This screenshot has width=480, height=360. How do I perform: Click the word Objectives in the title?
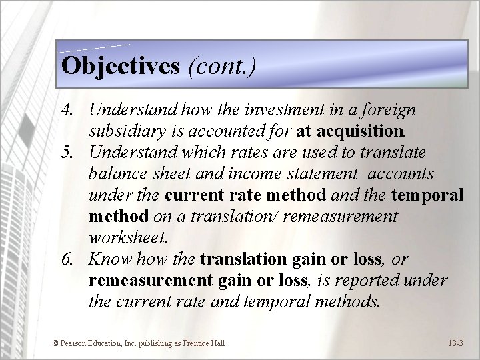(x=120, y=66)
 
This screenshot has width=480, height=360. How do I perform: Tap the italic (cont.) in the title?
(x=222, y=66)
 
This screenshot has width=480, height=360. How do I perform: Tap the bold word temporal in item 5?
(x=427, y=195)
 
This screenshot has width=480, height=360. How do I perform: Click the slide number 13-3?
(x=457, y=343)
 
